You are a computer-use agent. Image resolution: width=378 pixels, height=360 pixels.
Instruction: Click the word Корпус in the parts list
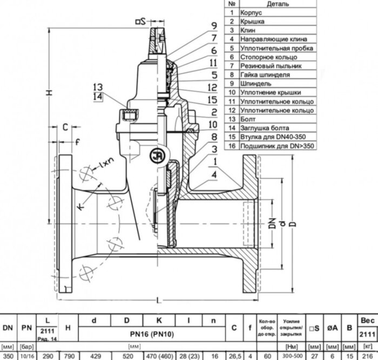(x=252, y=12)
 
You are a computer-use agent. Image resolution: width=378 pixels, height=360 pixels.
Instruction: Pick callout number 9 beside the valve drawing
(x=214, y=25)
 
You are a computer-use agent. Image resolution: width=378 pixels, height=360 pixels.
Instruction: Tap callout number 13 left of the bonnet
(x=97, y=87)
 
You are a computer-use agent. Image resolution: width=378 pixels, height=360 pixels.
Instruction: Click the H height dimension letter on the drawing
(x=49, y=93)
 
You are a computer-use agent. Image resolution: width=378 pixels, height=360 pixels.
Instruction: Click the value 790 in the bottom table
(x=69, y=356)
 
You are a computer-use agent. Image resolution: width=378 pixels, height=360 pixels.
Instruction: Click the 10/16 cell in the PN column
(x=26, y=356)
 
